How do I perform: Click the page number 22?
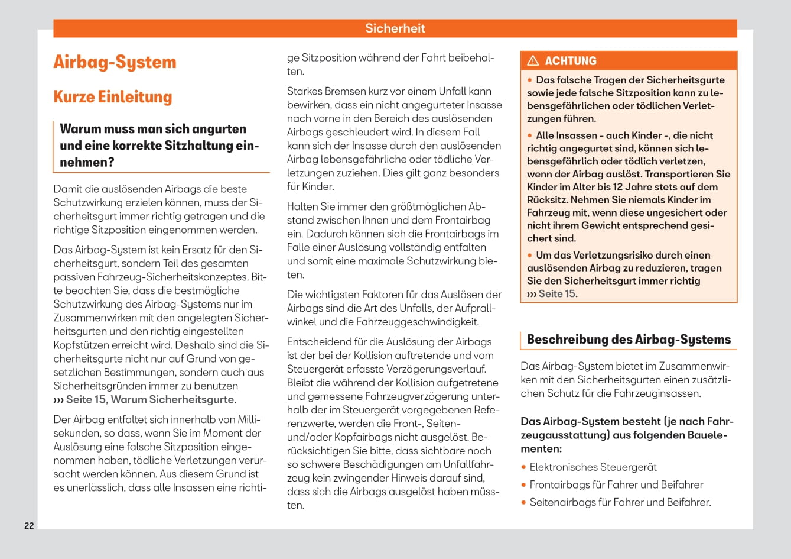coord(29,525)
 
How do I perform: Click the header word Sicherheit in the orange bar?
coord(395,28)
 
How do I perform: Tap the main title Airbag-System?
coord(115,62)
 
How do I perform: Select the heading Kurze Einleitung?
coord(112,97)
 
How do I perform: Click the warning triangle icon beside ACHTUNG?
coord(533,60)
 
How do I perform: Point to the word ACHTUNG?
coord(570,61)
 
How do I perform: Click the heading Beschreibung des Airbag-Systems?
coord(629,340)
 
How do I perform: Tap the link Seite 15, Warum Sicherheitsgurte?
coord(150,399)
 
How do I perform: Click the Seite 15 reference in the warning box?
coord(556,293)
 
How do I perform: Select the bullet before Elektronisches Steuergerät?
coord(524,467)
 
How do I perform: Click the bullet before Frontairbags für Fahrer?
coord(524,485)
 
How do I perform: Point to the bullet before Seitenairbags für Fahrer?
coord(524,503)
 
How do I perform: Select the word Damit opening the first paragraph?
coord(67,189)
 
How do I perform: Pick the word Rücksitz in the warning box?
coord(546,200)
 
